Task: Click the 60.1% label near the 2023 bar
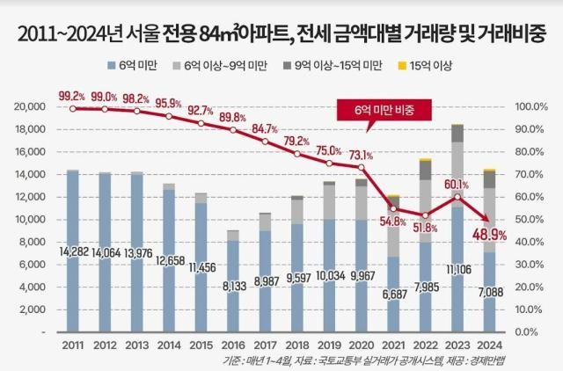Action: [456, 185]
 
